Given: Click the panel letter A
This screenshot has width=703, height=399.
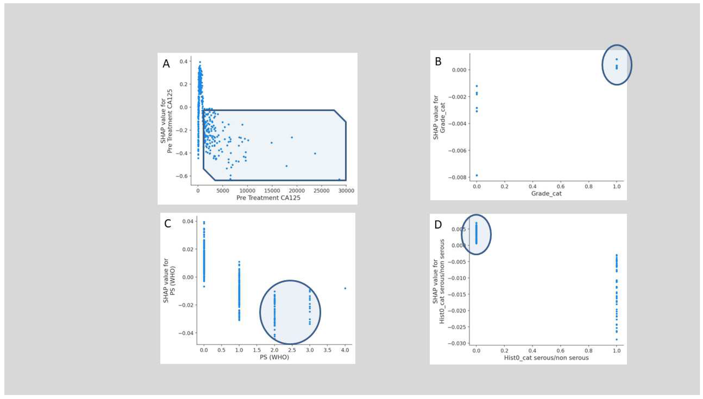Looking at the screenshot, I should (166, 64).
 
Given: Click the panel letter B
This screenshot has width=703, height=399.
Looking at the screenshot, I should (438, 61).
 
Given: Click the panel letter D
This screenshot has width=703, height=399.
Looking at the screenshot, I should (438, 224).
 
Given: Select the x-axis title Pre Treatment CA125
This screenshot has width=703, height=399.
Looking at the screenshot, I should (268, 198).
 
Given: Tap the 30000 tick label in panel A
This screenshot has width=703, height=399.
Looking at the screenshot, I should (346, 191).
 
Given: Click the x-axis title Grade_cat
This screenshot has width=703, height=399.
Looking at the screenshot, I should (546, 194).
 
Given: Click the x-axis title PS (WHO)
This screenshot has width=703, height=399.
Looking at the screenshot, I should (274, 357).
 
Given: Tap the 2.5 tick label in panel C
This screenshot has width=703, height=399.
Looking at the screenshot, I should (292, 350).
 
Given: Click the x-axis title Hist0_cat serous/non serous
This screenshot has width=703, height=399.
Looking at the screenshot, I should (546, 358).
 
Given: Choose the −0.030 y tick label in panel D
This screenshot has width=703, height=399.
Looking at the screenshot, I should (457, 343).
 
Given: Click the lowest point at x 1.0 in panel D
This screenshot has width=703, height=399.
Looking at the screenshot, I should (616, 340).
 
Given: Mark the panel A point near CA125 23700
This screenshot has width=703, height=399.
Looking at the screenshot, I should (315, 153).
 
